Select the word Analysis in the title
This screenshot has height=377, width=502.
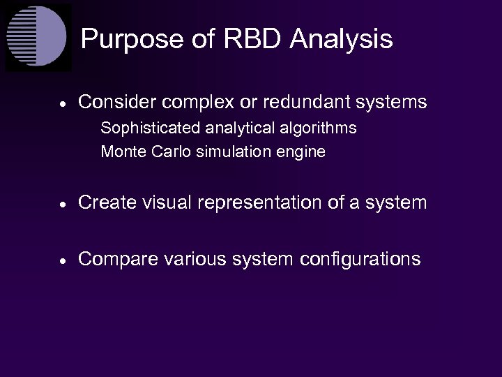(341, 39)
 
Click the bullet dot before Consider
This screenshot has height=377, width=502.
(63, 103)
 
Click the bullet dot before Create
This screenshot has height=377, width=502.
(63, 204)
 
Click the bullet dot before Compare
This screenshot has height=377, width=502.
(63, 260)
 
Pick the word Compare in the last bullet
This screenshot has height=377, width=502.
(118, 260)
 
